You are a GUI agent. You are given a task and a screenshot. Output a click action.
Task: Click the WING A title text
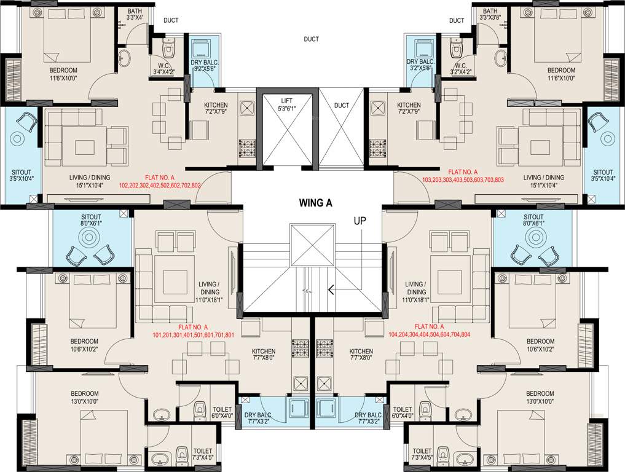[x=315, y=203]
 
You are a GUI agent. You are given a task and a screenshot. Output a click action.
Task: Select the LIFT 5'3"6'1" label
[x=286, y=104]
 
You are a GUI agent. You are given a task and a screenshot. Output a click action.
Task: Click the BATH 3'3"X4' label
[x=135, y=15]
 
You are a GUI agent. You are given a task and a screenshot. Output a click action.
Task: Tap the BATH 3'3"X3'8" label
[x=490, y=15]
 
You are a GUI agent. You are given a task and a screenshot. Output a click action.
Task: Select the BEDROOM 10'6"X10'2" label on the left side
[x=84, y=345]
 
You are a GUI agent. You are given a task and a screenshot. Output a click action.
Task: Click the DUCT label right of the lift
[x=342, y=105]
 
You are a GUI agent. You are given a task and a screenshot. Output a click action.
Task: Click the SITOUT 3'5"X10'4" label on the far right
[x=603, y=175]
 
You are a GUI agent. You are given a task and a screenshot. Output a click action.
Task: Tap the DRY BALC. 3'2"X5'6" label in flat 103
[x=420, y=66]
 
